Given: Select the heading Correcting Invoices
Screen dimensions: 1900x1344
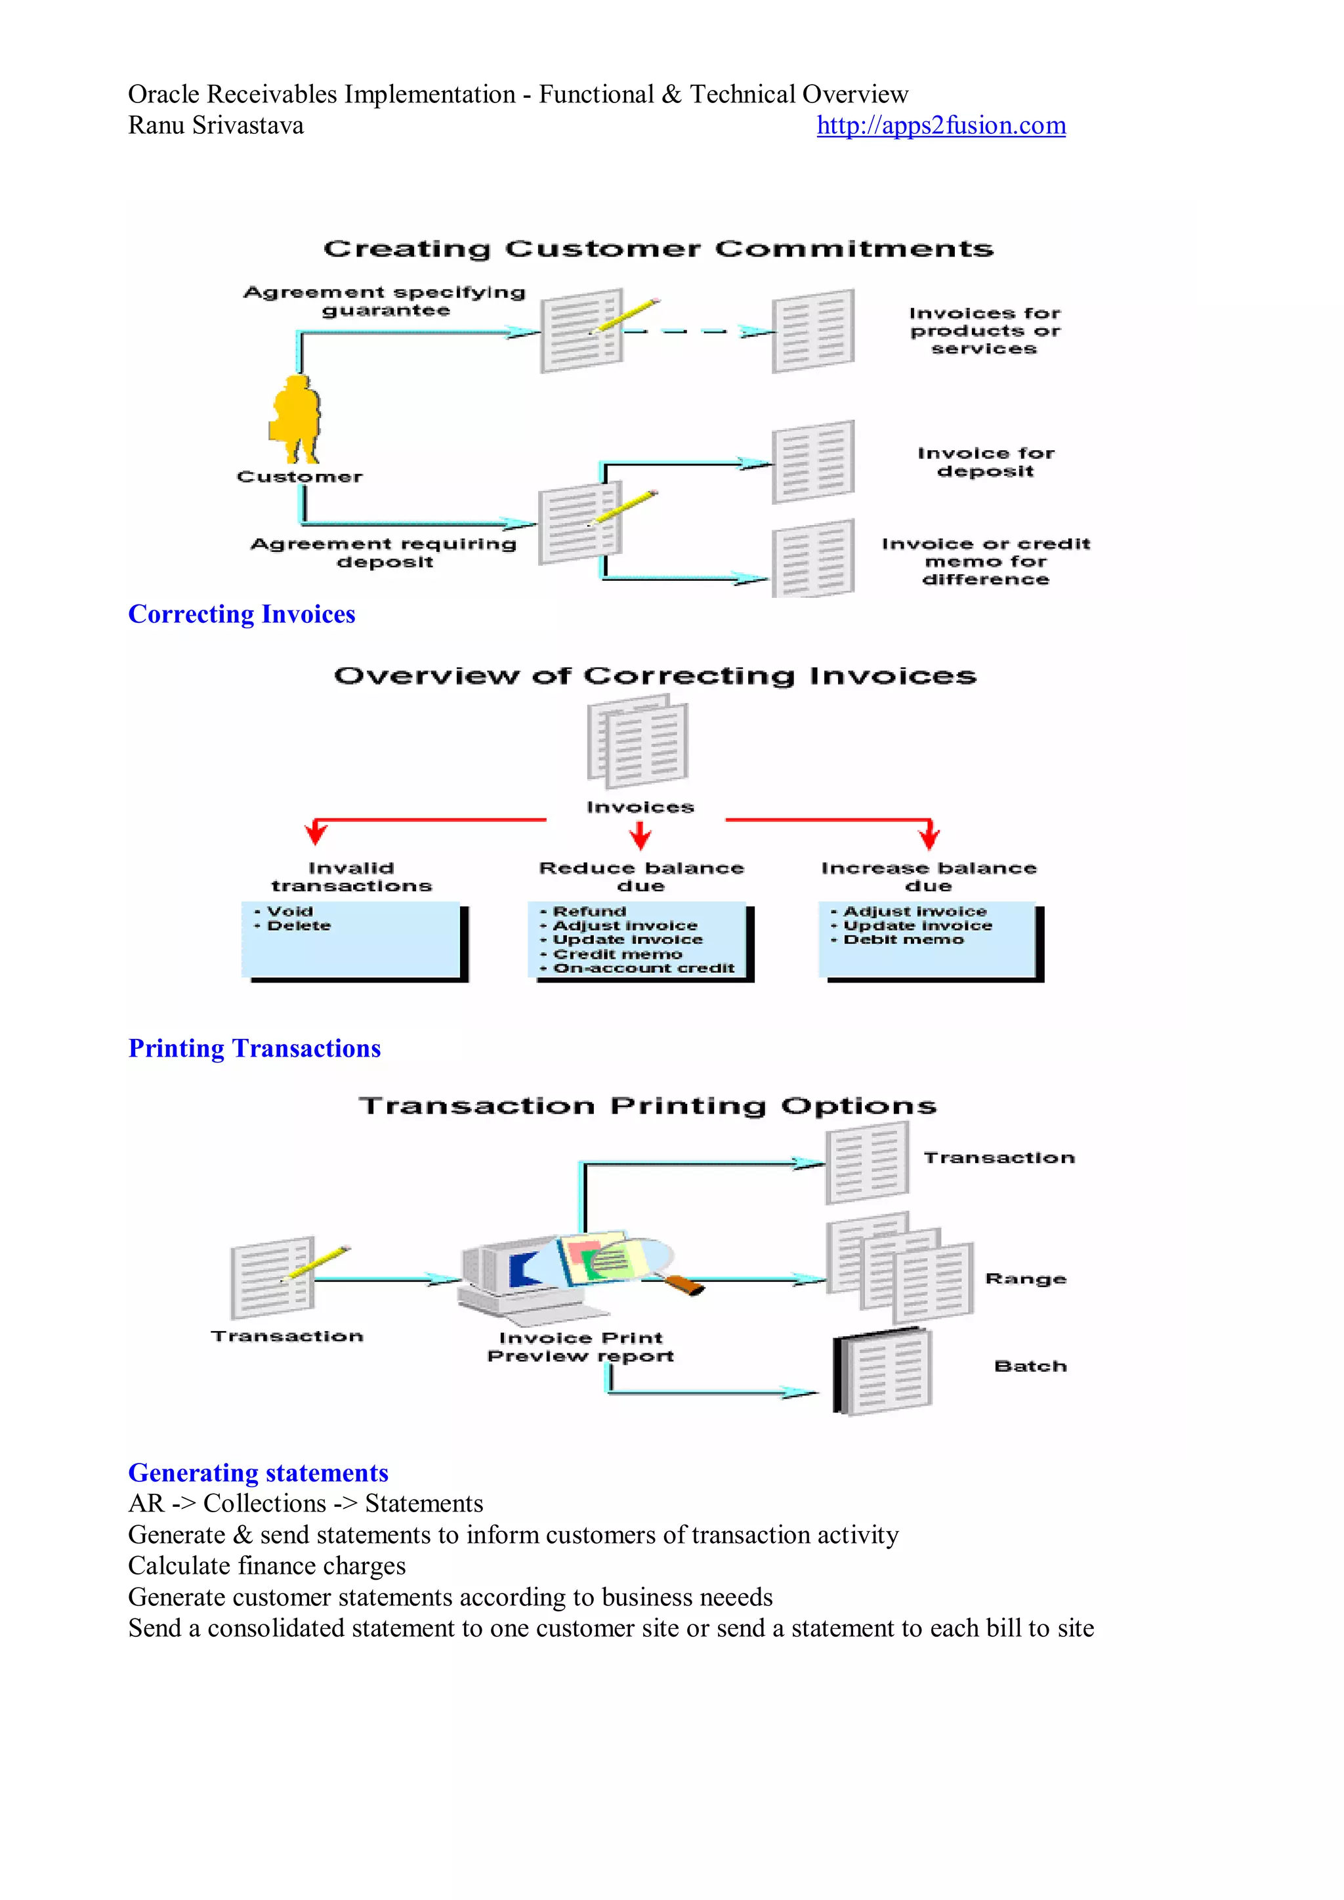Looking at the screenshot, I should click(x=241, y=614).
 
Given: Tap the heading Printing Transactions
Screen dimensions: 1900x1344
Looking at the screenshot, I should click(x=254, y=1049).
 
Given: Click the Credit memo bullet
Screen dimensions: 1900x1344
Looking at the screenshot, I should click(x=617, y=954).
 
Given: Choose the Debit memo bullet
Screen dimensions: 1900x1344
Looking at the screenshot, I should click(x=903, y=940).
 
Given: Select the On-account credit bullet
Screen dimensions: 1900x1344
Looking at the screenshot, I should click(x=643, y=968).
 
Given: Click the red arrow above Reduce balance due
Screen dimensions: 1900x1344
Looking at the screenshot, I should click(x=640, y=837).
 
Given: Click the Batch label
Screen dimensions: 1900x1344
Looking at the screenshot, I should click(x=1030, y=1366).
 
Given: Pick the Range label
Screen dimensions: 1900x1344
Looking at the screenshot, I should click(x=1025, y=1279).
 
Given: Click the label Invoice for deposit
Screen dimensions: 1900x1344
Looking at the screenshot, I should click(x=986, y=463).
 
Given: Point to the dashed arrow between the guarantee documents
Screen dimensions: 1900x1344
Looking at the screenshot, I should click(x=695, y=332).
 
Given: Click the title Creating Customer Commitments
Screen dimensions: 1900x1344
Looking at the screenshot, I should click(x=658, y=249).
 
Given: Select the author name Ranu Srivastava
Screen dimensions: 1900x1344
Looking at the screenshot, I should click(x=216, y=126).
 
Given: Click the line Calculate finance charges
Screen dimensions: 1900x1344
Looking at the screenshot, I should click(x=266, y=1566).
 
